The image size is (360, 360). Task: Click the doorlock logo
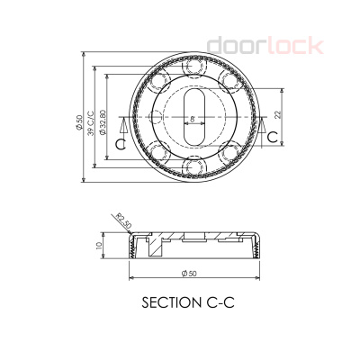tap(265, 44)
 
